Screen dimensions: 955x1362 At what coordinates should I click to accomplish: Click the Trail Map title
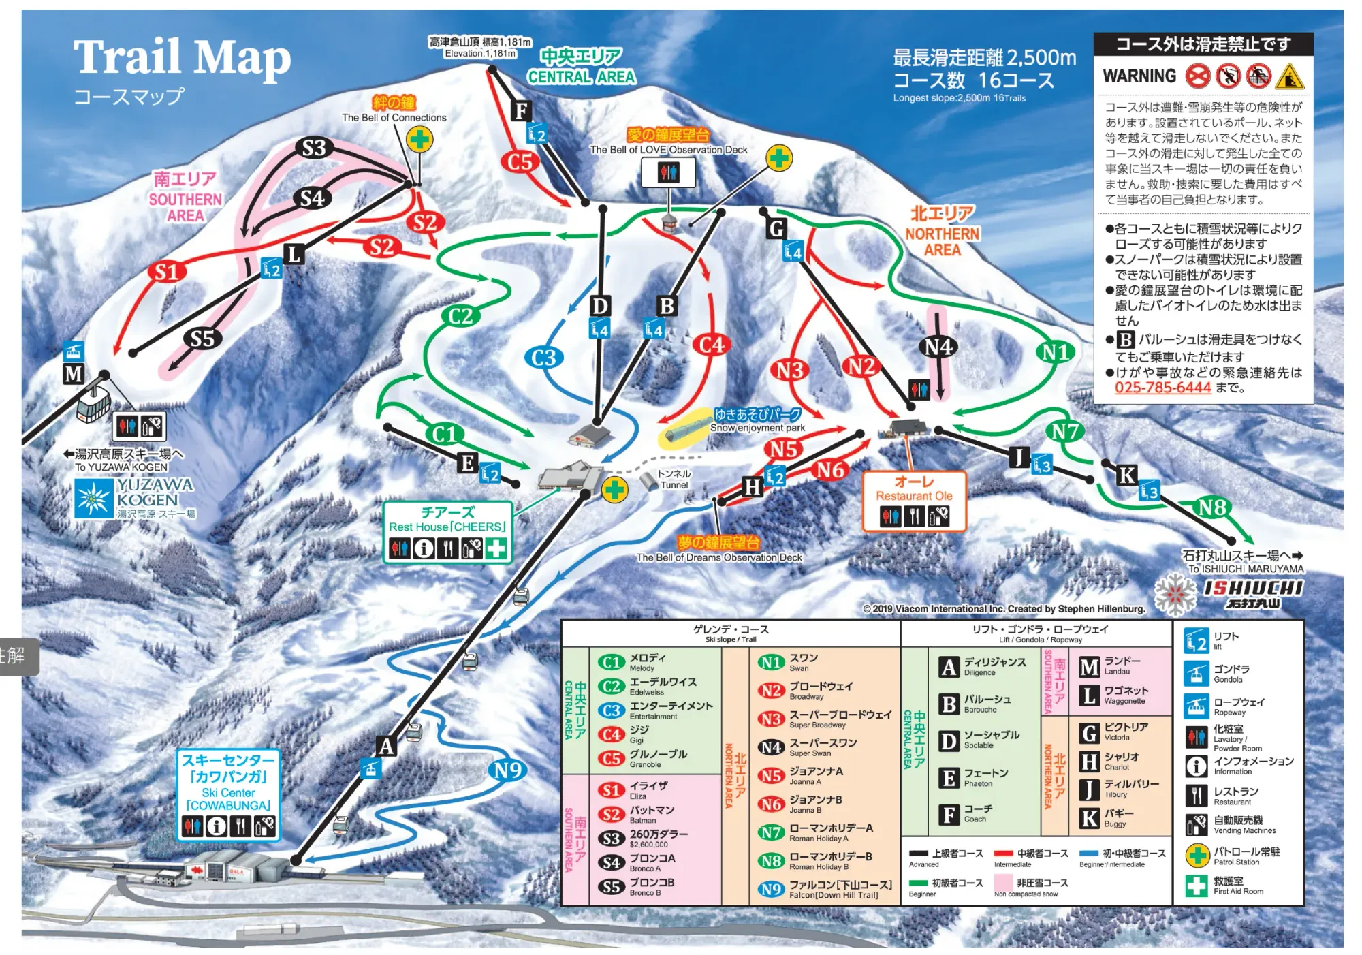pyautogui.click(x=182, y=57)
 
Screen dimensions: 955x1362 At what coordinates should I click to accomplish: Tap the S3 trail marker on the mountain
pyautogui.click(x=314, y=148)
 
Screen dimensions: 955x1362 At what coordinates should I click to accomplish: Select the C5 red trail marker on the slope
pyautogui.click(x=520, y=162)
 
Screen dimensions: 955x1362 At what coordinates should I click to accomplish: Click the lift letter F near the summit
pyautogui.click(x=522, y=110)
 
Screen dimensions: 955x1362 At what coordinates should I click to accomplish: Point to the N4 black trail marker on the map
pyautogui.click(x=938, y=347)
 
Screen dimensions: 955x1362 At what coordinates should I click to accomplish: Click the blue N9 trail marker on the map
pyautogui.click(x=508, y=770)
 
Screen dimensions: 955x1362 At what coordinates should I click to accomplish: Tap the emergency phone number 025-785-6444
pyautogui.click(x=1162, y=388)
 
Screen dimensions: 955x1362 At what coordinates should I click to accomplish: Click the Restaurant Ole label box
pyautogui.click(x=914, y=501)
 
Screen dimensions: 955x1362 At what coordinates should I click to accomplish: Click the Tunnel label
pyautogui.click(x=674, y=479)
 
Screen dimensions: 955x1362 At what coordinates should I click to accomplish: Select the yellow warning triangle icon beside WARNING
pyautogui.click(x=1289, y=76)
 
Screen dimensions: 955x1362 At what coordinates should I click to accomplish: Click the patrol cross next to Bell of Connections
pyautogui.click(x=419, y=140)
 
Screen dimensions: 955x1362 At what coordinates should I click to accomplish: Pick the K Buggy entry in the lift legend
pyautogui.click(x=1107, y=818)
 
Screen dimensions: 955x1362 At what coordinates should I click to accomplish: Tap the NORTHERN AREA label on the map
pyautogui.click(x=942, y=233)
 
